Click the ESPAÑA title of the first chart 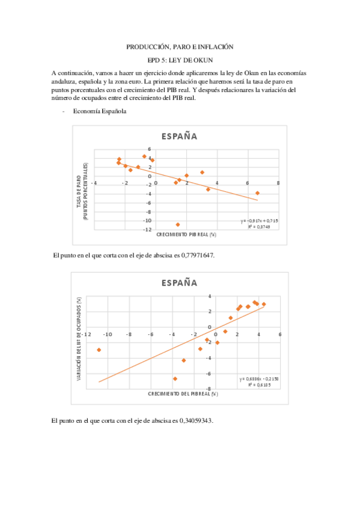coord(179,137)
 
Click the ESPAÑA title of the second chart coord(179,283)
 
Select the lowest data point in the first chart coord(178,224)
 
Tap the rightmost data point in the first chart coord(257,193)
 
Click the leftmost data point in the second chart coord(99,349)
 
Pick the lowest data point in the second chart coord(175,379)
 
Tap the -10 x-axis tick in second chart coord(109,334)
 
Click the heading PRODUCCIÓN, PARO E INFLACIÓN coord(179,46)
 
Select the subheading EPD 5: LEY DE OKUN coord(180,60)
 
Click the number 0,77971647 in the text coord(194,255)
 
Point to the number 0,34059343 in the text coord(192,420)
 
